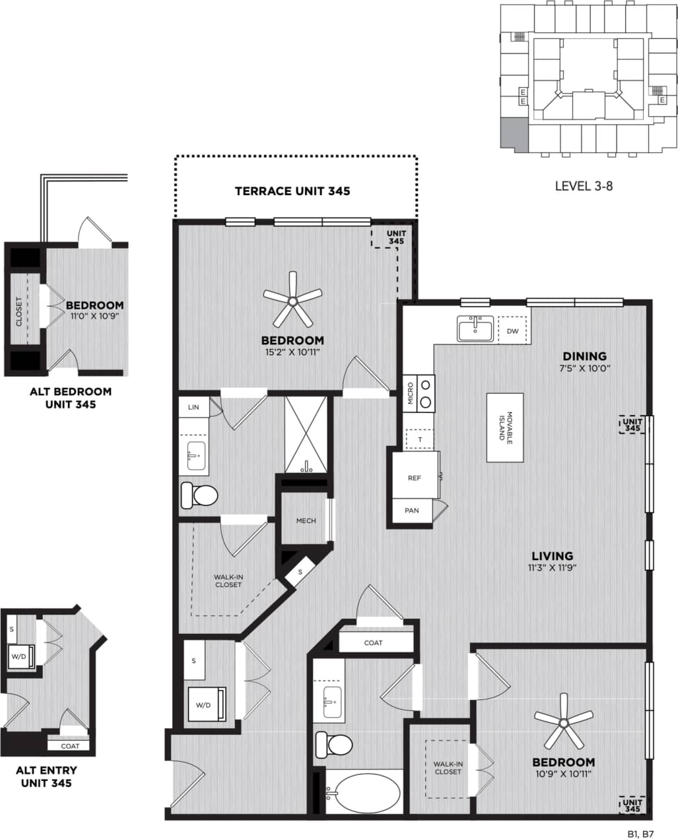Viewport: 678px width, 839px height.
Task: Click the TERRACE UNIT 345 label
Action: (292, 191)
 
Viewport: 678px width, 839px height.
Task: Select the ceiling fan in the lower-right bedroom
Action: (563, 724)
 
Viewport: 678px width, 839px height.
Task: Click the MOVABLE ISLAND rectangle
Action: (505, 427)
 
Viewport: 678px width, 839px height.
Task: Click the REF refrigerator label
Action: (414, 478)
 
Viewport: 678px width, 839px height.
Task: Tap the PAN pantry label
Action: (412, 511)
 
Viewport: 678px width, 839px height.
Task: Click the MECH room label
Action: (306, 520)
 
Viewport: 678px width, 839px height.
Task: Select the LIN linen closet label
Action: (193, 407)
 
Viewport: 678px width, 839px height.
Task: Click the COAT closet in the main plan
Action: (373, 642)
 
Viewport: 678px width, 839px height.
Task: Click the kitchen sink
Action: (475, 328)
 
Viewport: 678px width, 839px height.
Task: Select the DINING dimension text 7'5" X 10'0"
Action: (582, 369)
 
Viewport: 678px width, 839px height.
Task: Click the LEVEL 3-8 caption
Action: (584, 186)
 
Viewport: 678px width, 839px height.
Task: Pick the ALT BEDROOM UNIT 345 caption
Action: (71, 398)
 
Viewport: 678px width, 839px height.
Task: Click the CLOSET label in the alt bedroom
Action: (18, 311)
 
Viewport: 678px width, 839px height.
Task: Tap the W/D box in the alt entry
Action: (18, 656)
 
